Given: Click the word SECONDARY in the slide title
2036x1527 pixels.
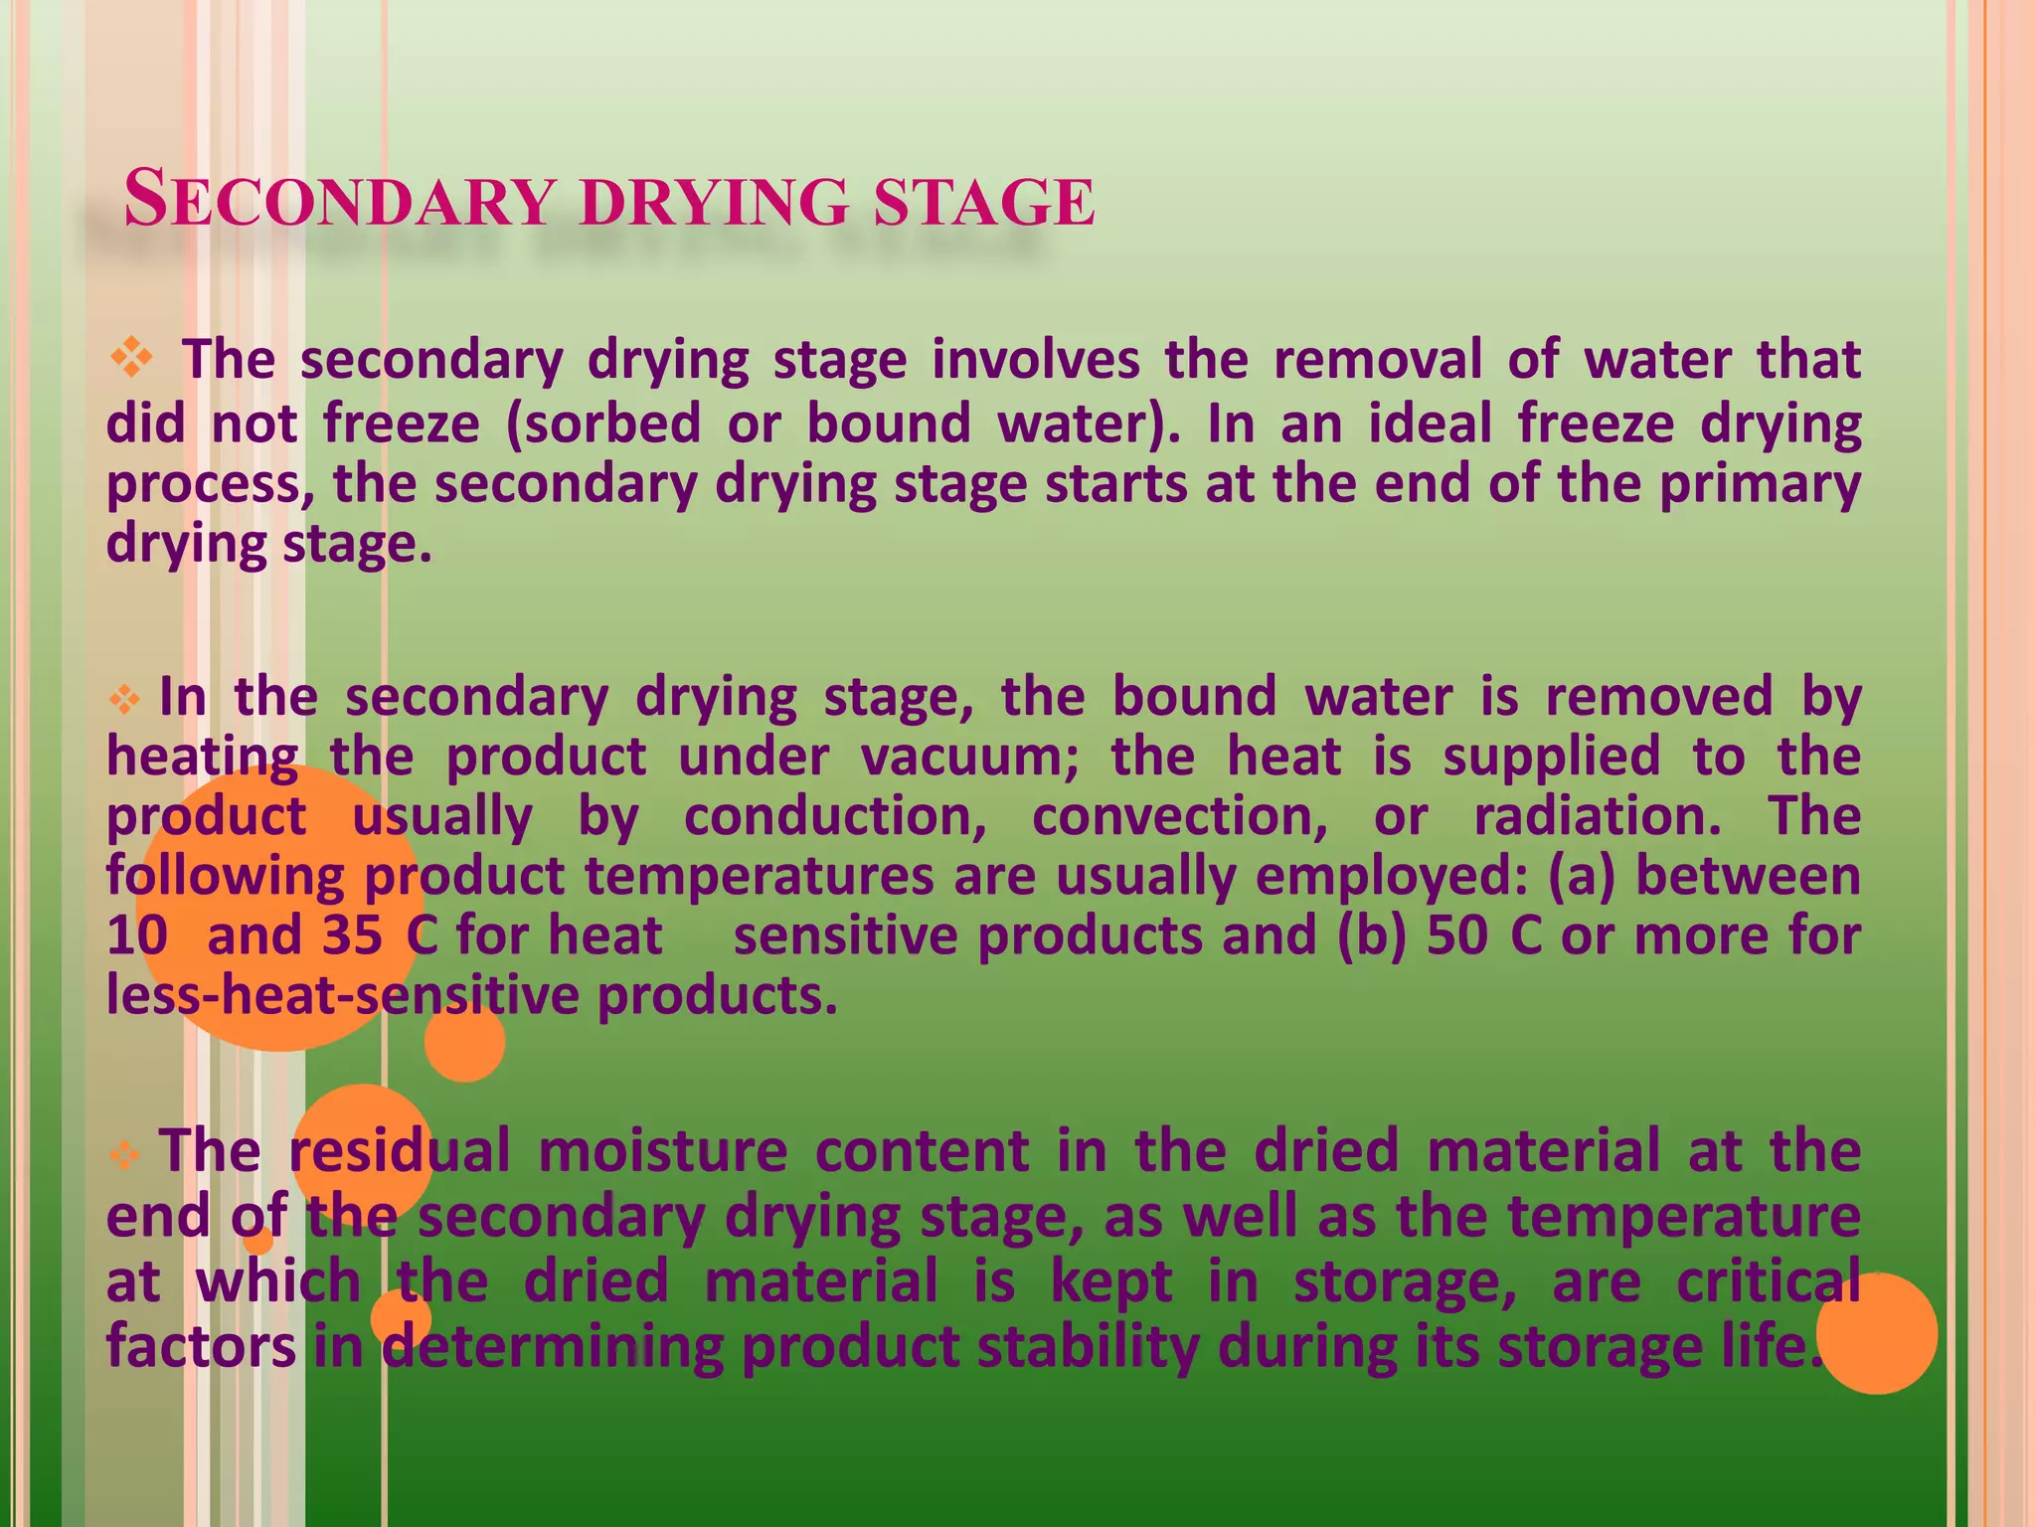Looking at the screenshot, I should tap(338, 200).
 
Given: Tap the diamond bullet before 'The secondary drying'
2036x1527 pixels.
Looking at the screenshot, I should tap(131, 357).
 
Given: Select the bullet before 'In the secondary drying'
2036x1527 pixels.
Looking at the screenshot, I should tap(124, 700).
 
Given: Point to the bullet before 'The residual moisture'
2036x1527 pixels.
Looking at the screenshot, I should tap(124, 1154).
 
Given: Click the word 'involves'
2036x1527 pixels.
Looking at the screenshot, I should tap(1035, 359).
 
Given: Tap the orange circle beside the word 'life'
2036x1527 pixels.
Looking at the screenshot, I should tap(1877, 1333).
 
